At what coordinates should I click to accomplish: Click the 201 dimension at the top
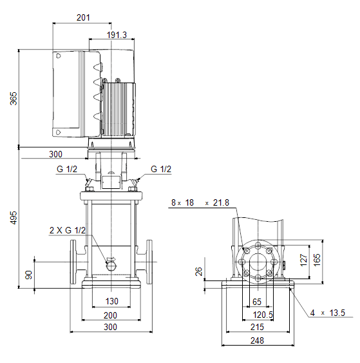pyautogui.click(x=83, y=17)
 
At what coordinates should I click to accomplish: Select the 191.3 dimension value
pyautogui.click(x=117, y=35)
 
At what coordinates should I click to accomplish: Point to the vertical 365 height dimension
pyautogui.click(x=14, y=99)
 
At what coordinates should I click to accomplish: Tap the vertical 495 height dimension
pyautogui.click(x=14, y=218)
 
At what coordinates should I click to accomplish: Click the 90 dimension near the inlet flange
pyautogui.click(x=29, y=275)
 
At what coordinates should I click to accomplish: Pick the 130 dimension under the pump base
pyautogui.click(x=111, y=301)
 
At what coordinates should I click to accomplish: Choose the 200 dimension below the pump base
pyautogui.click(x=110, y=315)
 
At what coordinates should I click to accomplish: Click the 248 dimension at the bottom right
pyautogui.click(x=257, y=340)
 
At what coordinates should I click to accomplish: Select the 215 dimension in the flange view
pyautogui.click(x=257, y=327)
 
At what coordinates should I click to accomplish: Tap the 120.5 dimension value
pyautogui.click(x=263, y=315)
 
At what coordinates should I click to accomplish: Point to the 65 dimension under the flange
pyautogui.click(x=257, y=302)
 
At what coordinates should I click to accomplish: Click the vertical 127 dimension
pyautogui.click(x=303, y=260)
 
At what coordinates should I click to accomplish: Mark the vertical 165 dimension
pyautogui.click(x=317, y=260)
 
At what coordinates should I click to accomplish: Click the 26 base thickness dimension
pyautogui.click(x=198, y=271)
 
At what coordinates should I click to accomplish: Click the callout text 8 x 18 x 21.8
pyautogui.click(x=200, y=203)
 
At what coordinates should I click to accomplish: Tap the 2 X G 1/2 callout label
pyautogui.click(x=68, y=230)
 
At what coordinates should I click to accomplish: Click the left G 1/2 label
pyautogui.click(x=67, y=169)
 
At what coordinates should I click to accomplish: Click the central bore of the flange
pyautogui.click(x=258, y=262)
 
